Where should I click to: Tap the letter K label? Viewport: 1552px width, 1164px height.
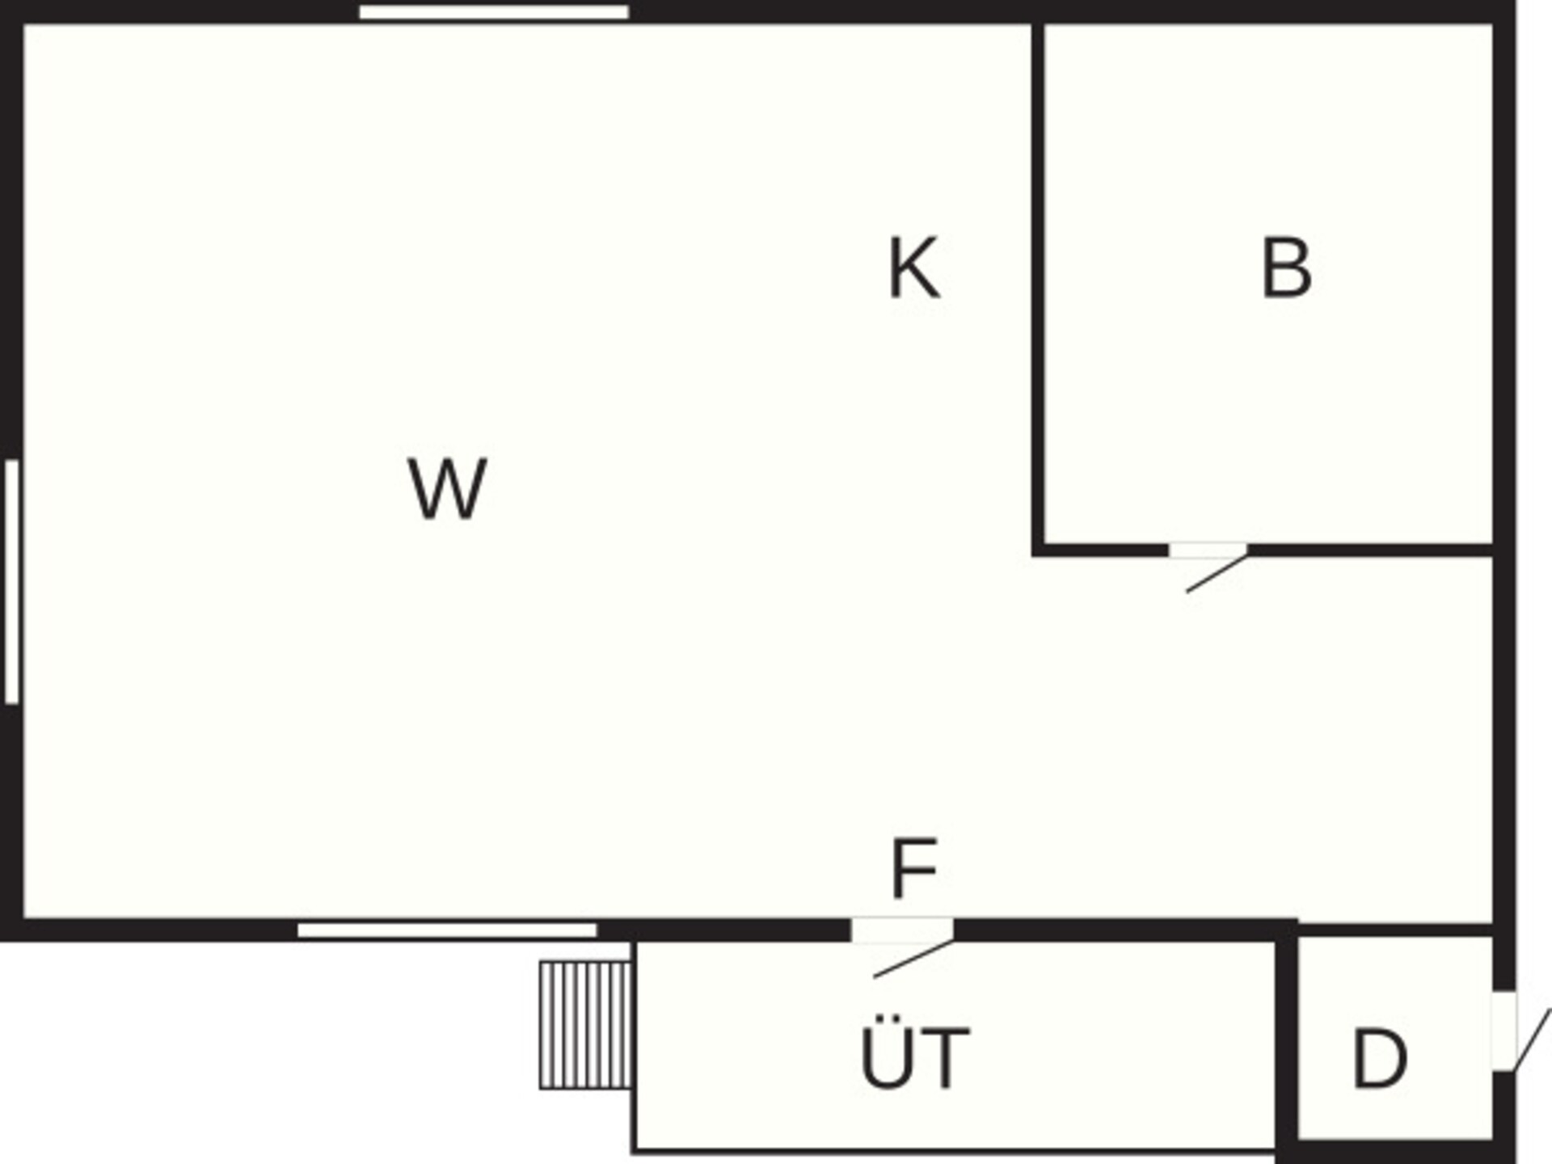click(x=913, y=268)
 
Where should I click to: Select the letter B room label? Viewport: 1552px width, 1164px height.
click(x=1286, y=268)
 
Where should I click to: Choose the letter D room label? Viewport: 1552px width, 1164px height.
click(x=1379, y=1058)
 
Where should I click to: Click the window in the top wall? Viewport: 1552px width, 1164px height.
click(x=494, y=12)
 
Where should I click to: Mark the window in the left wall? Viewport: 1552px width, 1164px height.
click(x=11, y=581)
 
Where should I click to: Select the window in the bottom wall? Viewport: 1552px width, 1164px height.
click(x=447, y=930)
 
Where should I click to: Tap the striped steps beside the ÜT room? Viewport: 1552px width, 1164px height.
click(x=585, y=1025)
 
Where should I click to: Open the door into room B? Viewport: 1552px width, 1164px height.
click(x=1208, y=550)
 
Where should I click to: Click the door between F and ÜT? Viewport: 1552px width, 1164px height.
click(x=902, y=930)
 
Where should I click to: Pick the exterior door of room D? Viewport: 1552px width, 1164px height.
click(x=1503, y=1031)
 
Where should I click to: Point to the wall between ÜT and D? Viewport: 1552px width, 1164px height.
click(x=1287, y=1043)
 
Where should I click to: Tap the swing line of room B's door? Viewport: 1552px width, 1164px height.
click(x=1217, y=574)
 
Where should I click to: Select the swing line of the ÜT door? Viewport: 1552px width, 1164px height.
click(x=913, y=959)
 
